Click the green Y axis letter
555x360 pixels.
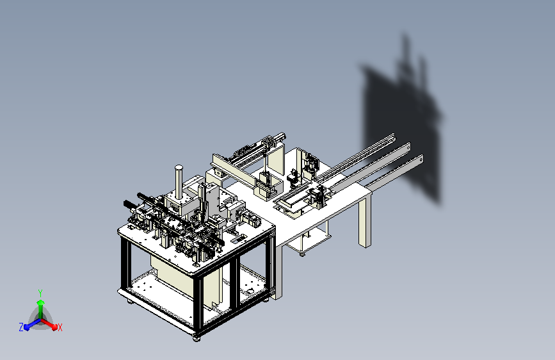pyautogui.click(x=40, y=293)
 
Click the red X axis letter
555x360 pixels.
pyautogui.click(x=60, y=327)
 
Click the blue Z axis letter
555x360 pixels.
pyautogui.click(x=21, y=327)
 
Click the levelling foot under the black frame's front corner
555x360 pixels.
pyautogui.click(x=197, y=338)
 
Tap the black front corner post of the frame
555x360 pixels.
pyautogui.click(x=198, y=304)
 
